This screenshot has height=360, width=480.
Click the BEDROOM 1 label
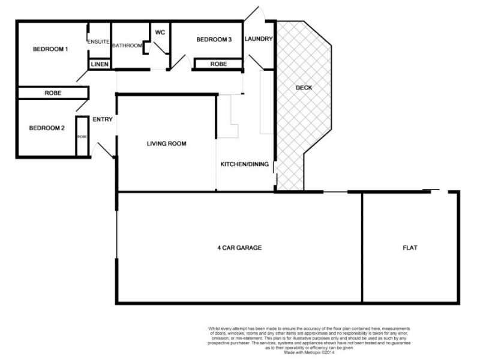click(50, 49)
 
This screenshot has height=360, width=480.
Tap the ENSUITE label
click(98, 41)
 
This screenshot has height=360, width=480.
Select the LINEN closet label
click(99, 64)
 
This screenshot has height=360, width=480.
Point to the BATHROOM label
click(127, 46)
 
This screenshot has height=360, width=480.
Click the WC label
click(160, 32)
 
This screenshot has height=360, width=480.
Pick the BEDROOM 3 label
click(214, 40)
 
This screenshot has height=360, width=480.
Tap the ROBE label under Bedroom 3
click(218, 64)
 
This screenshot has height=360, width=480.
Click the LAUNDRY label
click(259, 39)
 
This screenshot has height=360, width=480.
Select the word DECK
click(304, 88)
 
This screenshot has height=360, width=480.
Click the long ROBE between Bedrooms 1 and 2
click(55, 93)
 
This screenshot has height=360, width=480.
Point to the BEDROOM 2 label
click(47, 128)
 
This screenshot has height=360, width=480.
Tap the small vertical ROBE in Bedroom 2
click(82, 137)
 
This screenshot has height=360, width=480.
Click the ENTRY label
click(103, 119)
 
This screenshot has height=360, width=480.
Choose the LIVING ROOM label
click(167, 144)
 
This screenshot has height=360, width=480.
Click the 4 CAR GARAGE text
click(239, 247)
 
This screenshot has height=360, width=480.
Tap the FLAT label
click(411, 247)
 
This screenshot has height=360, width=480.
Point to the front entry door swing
click(105, 150)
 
